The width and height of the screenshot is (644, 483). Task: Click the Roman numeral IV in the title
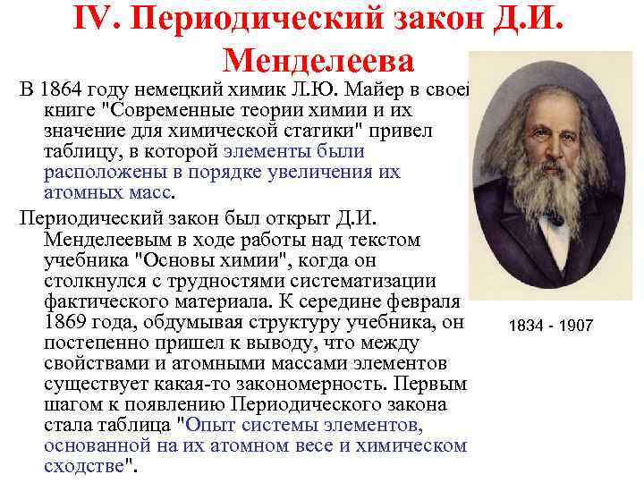tap(94, 21)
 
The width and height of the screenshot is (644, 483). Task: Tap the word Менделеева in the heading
tap(318, 61)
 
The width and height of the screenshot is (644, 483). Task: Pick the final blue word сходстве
tap(86, 465)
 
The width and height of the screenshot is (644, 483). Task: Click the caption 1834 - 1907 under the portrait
tap(550, 326)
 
